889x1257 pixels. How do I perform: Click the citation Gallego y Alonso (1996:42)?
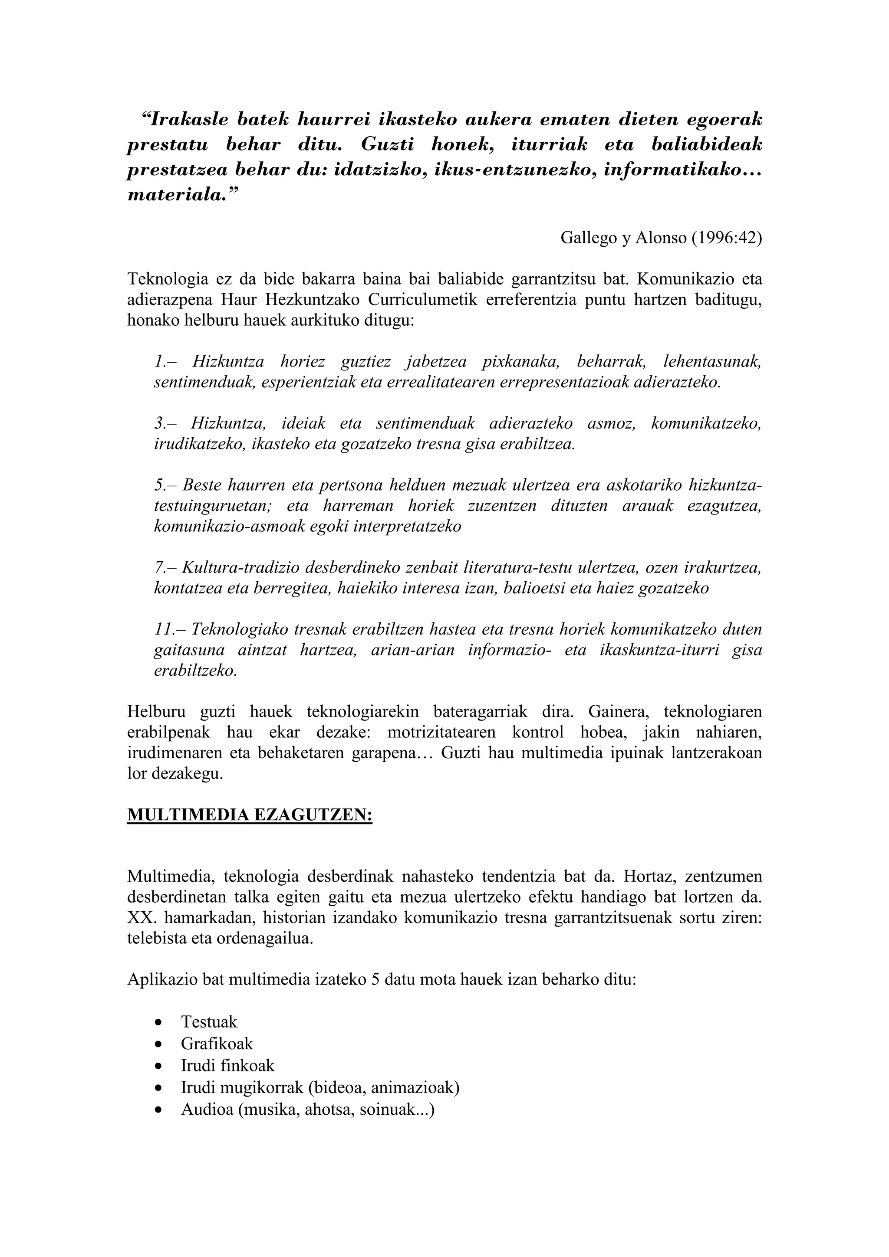[x=661, y=238]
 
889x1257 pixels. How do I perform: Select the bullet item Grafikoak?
[x=217, y=1044]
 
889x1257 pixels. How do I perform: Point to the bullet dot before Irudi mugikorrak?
[x=158, y=1088]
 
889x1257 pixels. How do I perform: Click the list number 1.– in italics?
[x=165, y=362]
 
